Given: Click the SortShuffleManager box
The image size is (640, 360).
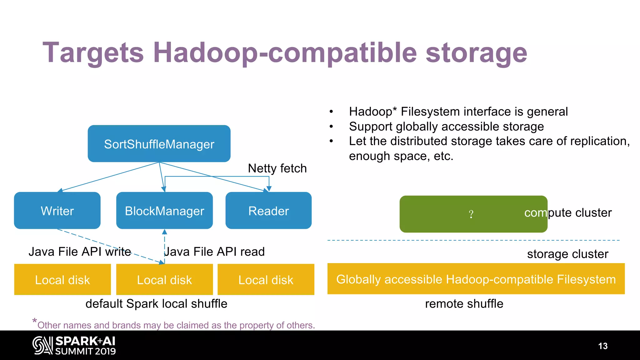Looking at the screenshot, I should click(159, 144).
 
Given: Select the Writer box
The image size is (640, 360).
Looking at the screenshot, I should click(57, 211).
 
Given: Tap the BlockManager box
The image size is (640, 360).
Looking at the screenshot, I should click(164, 211).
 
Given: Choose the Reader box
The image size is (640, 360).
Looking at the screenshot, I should click(268, 211).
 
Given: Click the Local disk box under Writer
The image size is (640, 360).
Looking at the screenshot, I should click(62, 280).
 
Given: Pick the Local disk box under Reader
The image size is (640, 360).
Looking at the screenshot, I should click(266, 280).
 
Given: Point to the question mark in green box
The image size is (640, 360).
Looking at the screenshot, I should click(471, 214).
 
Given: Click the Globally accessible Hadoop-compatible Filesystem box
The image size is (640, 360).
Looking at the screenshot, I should click(476, 279).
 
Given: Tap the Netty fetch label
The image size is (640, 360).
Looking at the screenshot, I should click(277, 168).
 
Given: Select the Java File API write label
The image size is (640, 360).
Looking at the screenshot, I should click(80, 252).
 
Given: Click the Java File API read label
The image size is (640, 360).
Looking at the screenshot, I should click(215, 252).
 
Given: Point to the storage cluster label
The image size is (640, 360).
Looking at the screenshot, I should click(567, 254).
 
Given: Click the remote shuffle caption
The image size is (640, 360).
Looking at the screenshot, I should click(464, 304).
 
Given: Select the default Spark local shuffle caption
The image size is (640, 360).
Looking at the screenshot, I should click(156, 304).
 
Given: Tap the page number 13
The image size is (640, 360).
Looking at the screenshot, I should click(603, 346).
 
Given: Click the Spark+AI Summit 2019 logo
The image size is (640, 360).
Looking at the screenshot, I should click(74, 345).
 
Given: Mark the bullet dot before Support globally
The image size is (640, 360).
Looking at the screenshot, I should click(331, 127).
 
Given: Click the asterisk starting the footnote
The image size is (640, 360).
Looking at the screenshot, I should click(35, 321).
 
